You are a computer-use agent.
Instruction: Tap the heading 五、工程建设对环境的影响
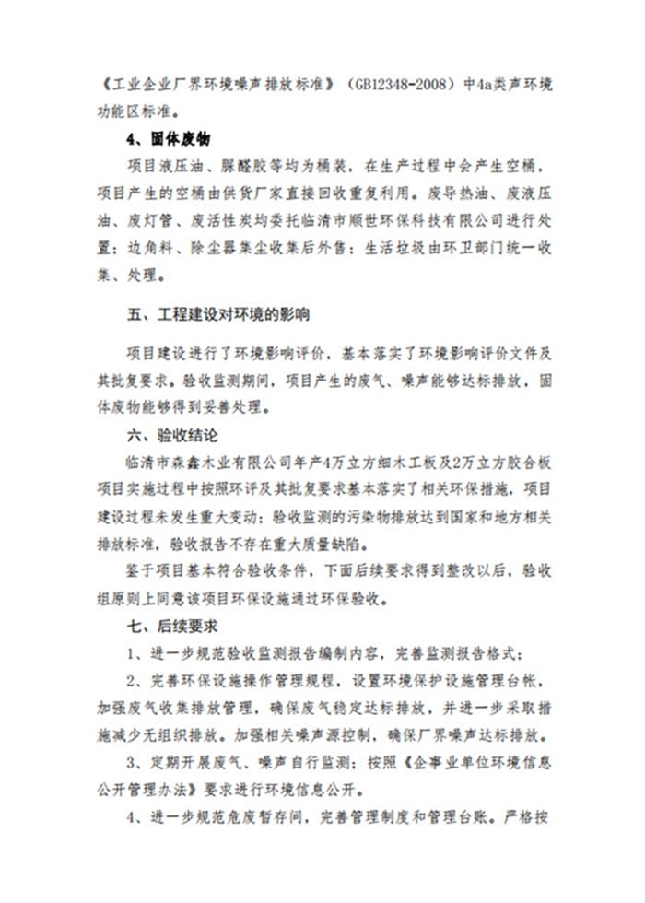point(218,314)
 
